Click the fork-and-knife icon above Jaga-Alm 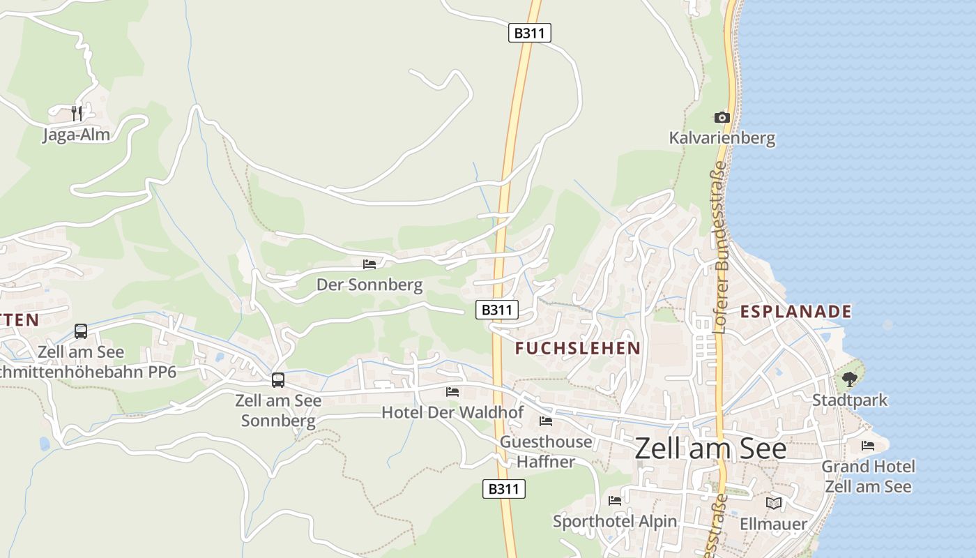[77, 113]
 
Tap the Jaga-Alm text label [77, 135]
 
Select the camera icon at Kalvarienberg [722, 117]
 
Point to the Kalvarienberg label [722, 138]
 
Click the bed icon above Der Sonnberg [369, 264]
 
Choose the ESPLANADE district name [796, 312]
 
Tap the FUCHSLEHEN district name [578, 348]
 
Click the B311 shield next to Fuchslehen [497, 310]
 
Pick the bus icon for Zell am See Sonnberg [278, 380]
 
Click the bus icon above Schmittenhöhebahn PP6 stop [81, 331]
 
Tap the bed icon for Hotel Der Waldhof [452, 392]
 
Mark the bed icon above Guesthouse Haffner [546, 421]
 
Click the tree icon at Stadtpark [849, 379]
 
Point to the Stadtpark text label [850, 400]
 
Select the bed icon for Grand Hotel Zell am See [868, 445]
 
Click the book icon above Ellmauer [774, 503]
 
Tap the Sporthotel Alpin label [615, 522]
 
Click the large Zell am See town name [710, 448]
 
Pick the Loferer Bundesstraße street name [720, 248]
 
